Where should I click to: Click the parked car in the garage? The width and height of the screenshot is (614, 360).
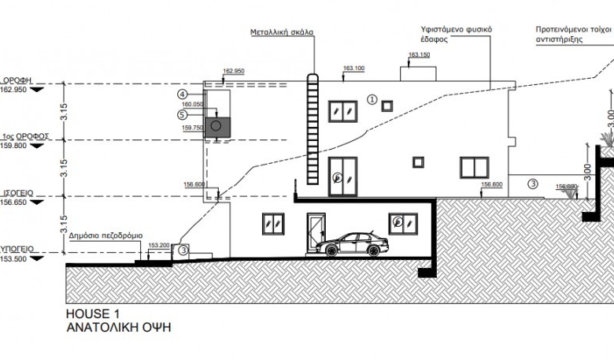pos(352,245)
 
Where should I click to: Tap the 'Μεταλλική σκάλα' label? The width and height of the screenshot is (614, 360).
pos(282,33)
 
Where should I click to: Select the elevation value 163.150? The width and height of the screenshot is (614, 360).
pos(420,55)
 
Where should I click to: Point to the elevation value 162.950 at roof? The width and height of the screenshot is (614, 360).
pos(234,72)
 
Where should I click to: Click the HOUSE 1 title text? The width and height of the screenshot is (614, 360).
pos(93,314)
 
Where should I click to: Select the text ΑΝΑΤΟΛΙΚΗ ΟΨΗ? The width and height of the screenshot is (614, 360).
pos(118,327)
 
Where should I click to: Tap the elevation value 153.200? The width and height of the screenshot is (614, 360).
pos(159,245)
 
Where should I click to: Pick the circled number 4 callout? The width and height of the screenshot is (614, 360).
pos(182,95)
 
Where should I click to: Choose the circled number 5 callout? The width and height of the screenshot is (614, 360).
pos(182,113)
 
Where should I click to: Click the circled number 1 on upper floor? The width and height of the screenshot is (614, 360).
pos(372,99)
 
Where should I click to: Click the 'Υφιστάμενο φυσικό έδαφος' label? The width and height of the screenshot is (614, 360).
pos(456,34)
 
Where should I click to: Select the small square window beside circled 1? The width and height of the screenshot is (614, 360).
pos(387,106)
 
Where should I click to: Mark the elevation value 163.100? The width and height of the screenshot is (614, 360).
pos(353,69)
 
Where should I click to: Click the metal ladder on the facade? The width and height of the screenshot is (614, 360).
pos(311,130)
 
